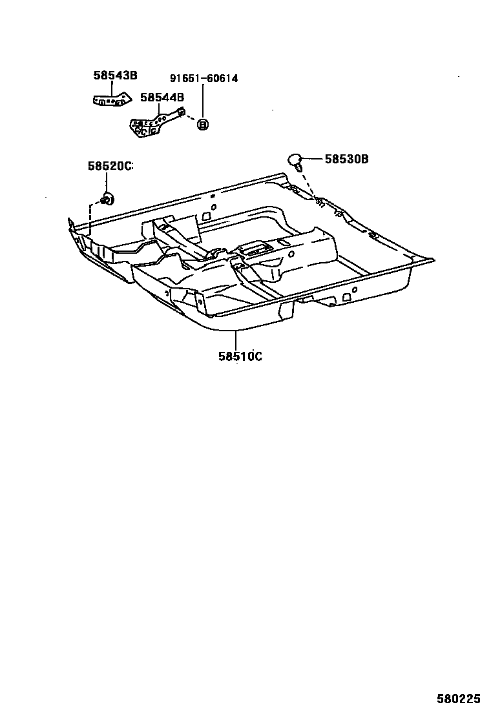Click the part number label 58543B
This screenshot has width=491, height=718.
115,76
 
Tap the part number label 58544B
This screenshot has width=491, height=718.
162,97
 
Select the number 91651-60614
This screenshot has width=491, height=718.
204,79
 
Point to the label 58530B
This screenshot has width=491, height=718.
346,158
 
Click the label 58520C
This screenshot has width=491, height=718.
110,166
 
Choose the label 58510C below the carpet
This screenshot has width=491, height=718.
240,356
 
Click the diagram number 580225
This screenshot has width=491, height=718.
457,699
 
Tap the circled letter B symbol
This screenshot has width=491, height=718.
202,124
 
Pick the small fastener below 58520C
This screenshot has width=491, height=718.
107,198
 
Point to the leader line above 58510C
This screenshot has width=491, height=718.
236,339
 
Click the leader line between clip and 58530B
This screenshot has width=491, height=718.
313,158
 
